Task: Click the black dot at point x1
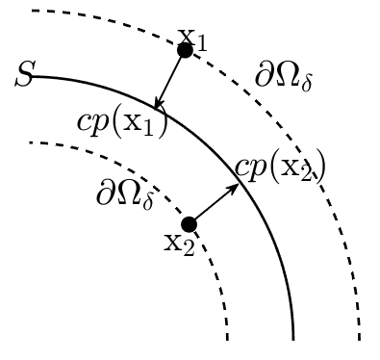[185, 50]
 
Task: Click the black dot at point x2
[189, 224]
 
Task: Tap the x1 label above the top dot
[192, 40]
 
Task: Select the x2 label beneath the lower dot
[179, 244]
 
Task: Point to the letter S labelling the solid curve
[23, 74]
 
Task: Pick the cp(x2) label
[280, 167]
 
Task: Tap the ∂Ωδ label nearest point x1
[284, 77]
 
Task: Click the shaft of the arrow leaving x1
[170, 79]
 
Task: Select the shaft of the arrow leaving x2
[215, 204]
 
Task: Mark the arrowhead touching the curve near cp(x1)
[158, 104]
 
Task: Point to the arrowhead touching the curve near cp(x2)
[234, 189]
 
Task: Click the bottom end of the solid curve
[293, 340]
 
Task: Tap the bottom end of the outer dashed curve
[359, 340]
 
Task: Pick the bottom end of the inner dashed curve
[227, 340]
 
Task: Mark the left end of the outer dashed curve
[32, 11]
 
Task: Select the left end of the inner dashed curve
[30, 142]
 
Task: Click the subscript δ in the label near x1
[307, 84]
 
